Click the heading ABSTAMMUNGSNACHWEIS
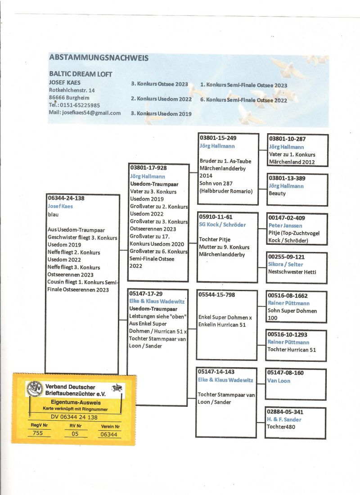pos(99,58)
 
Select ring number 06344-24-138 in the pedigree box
pos(66,198)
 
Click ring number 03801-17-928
pos(148,168)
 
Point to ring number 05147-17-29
pos(146,294)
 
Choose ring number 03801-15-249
pos(218,138)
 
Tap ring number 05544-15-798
pos(216,295)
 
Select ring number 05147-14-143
pos(216,372)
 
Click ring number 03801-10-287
pos(287,139)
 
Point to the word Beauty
pos(277,193)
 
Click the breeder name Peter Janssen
pos(285,225)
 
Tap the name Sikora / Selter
pos(285,264)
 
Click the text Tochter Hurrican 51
pos(292,349)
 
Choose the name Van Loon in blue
pos(279,381)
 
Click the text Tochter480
pos(281,427)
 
